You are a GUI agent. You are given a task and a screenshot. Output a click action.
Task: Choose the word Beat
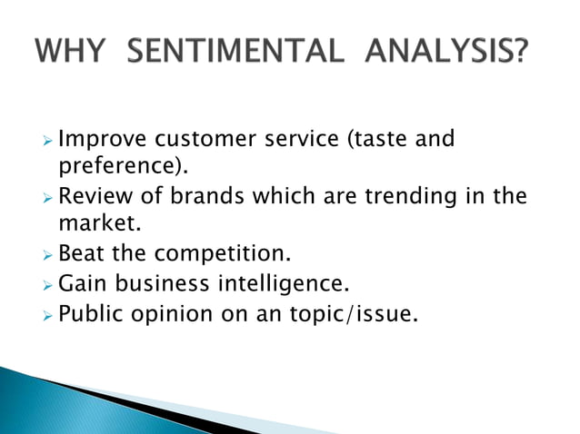pos(80,255)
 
